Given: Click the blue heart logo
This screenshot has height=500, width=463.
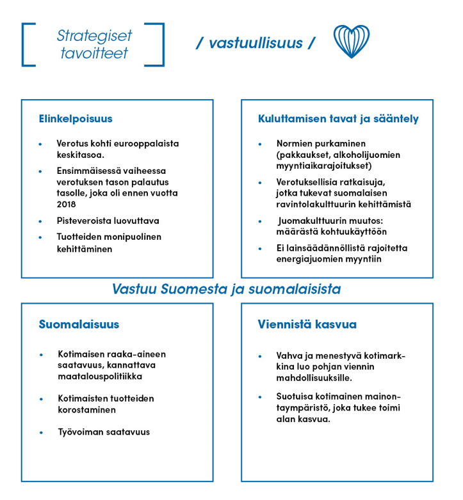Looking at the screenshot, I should click(x=352, y=42).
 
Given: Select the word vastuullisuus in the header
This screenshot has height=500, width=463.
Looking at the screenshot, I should click(x=255, y=43).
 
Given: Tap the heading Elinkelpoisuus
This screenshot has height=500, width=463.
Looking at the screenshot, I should click(x=76, y=119).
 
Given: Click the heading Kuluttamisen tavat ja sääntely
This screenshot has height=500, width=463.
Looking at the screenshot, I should click(x=338, y=119).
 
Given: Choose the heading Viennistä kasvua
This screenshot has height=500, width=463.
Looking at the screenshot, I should click(x=307, y=325).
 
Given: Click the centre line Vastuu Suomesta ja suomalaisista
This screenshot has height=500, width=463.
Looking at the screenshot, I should click(x=226, y=289).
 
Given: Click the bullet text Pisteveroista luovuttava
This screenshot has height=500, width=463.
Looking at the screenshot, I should click(x=108, y=221).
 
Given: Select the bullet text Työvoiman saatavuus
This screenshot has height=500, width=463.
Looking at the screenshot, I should click(x=103, y=432).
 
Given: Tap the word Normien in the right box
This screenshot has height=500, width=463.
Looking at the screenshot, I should click(x=295, y=144).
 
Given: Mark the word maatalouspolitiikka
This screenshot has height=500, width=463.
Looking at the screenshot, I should click(x=100, y=377).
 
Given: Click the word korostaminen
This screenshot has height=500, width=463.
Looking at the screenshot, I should click(x=86, y=410).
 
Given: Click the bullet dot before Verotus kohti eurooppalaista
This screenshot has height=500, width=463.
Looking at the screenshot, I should click(x=40, y=144).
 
